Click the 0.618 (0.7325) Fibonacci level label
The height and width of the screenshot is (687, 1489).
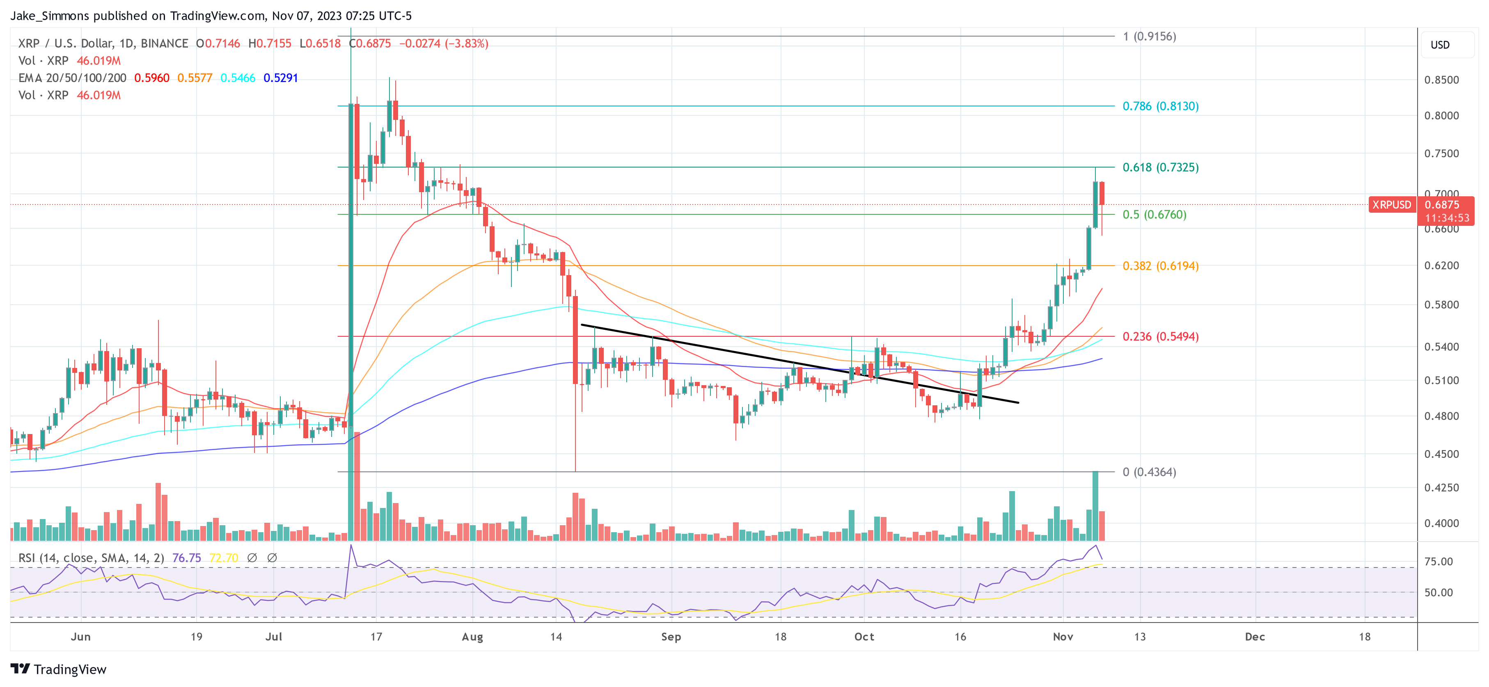(1160, 167)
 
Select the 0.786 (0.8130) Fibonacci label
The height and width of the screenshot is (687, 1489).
(1160, 106)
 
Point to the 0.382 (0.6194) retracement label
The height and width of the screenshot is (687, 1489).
(1160, 266)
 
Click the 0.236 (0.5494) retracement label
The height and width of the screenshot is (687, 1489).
(1160, 337)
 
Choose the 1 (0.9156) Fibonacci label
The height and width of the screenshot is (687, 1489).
(1149, 37)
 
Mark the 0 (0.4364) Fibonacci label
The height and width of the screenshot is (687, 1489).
(1149, 472)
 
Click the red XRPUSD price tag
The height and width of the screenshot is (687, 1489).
(1391, 205)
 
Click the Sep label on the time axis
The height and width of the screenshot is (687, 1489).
(671, 636)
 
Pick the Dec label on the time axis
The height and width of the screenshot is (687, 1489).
(1254, 636)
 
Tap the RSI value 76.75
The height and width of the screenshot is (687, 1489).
(187, 558)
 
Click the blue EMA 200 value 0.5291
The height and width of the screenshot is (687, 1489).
(280, 78)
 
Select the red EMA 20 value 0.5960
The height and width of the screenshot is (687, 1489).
(152, 78)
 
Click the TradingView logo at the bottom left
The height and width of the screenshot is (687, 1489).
(58, 669)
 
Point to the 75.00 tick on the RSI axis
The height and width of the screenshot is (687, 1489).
(1438, 561)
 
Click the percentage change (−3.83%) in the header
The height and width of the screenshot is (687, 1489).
(467, 44)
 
